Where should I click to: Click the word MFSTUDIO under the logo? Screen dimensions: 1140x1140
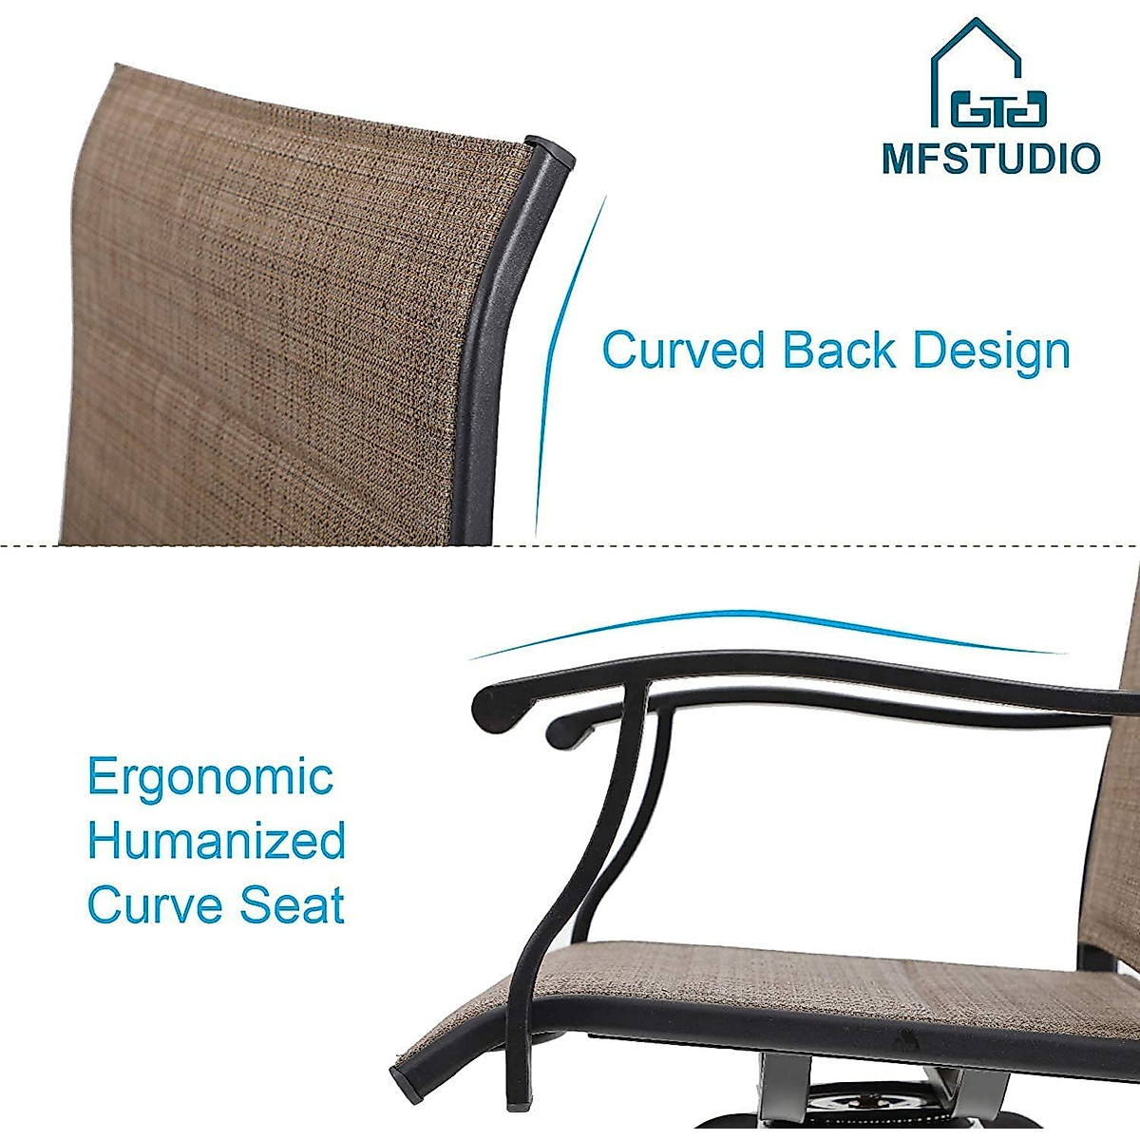991,158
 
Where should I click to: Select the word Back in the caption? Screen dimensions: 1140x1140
839,351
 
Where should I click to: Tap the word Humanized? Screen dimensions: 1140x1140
217,842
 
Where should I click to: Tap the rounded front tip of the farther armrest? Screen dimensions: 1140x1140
561,731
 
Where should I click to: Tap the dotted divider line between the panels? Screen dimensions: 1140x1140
570,545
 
